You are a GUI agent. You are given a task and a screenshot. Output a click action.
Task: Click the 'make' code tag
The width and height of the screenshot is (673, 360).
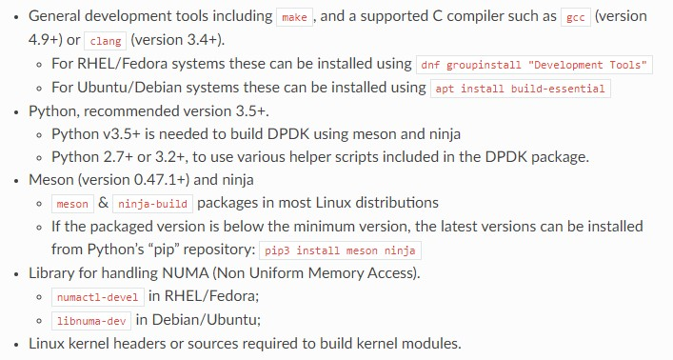point(292,18)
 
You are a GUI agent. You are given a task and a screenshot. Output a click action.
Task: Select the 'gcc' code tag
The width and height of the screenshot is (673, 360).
point(576,18)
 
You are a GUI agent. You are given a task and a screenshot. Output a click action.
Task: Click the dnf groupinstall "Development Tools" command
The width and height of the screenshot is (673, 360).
point(535,65)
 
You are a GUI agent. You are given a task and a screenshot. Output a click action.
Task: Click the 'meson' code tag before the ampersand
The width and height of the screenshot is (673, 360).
point(72,204)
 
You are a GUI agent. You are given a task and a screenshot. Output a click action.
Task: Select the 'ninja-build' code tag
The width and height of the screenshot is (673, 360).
point(153,204)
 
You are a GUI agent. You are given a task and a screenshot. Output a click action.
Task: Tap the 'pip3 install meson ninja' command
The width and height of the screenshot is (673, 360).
point(340,250)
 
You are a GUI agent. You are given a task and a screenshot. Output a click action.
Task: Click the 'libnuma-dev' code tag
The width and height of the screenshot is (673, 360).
point(91,320)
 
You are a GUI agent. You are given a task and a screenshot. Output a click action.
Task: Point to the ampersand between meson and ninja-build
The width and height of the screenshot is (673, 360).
point(104,204)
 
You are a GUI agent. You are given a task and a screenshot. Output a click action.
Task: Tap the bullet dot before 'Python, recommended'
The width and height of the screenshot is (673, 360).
point(14,111)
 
